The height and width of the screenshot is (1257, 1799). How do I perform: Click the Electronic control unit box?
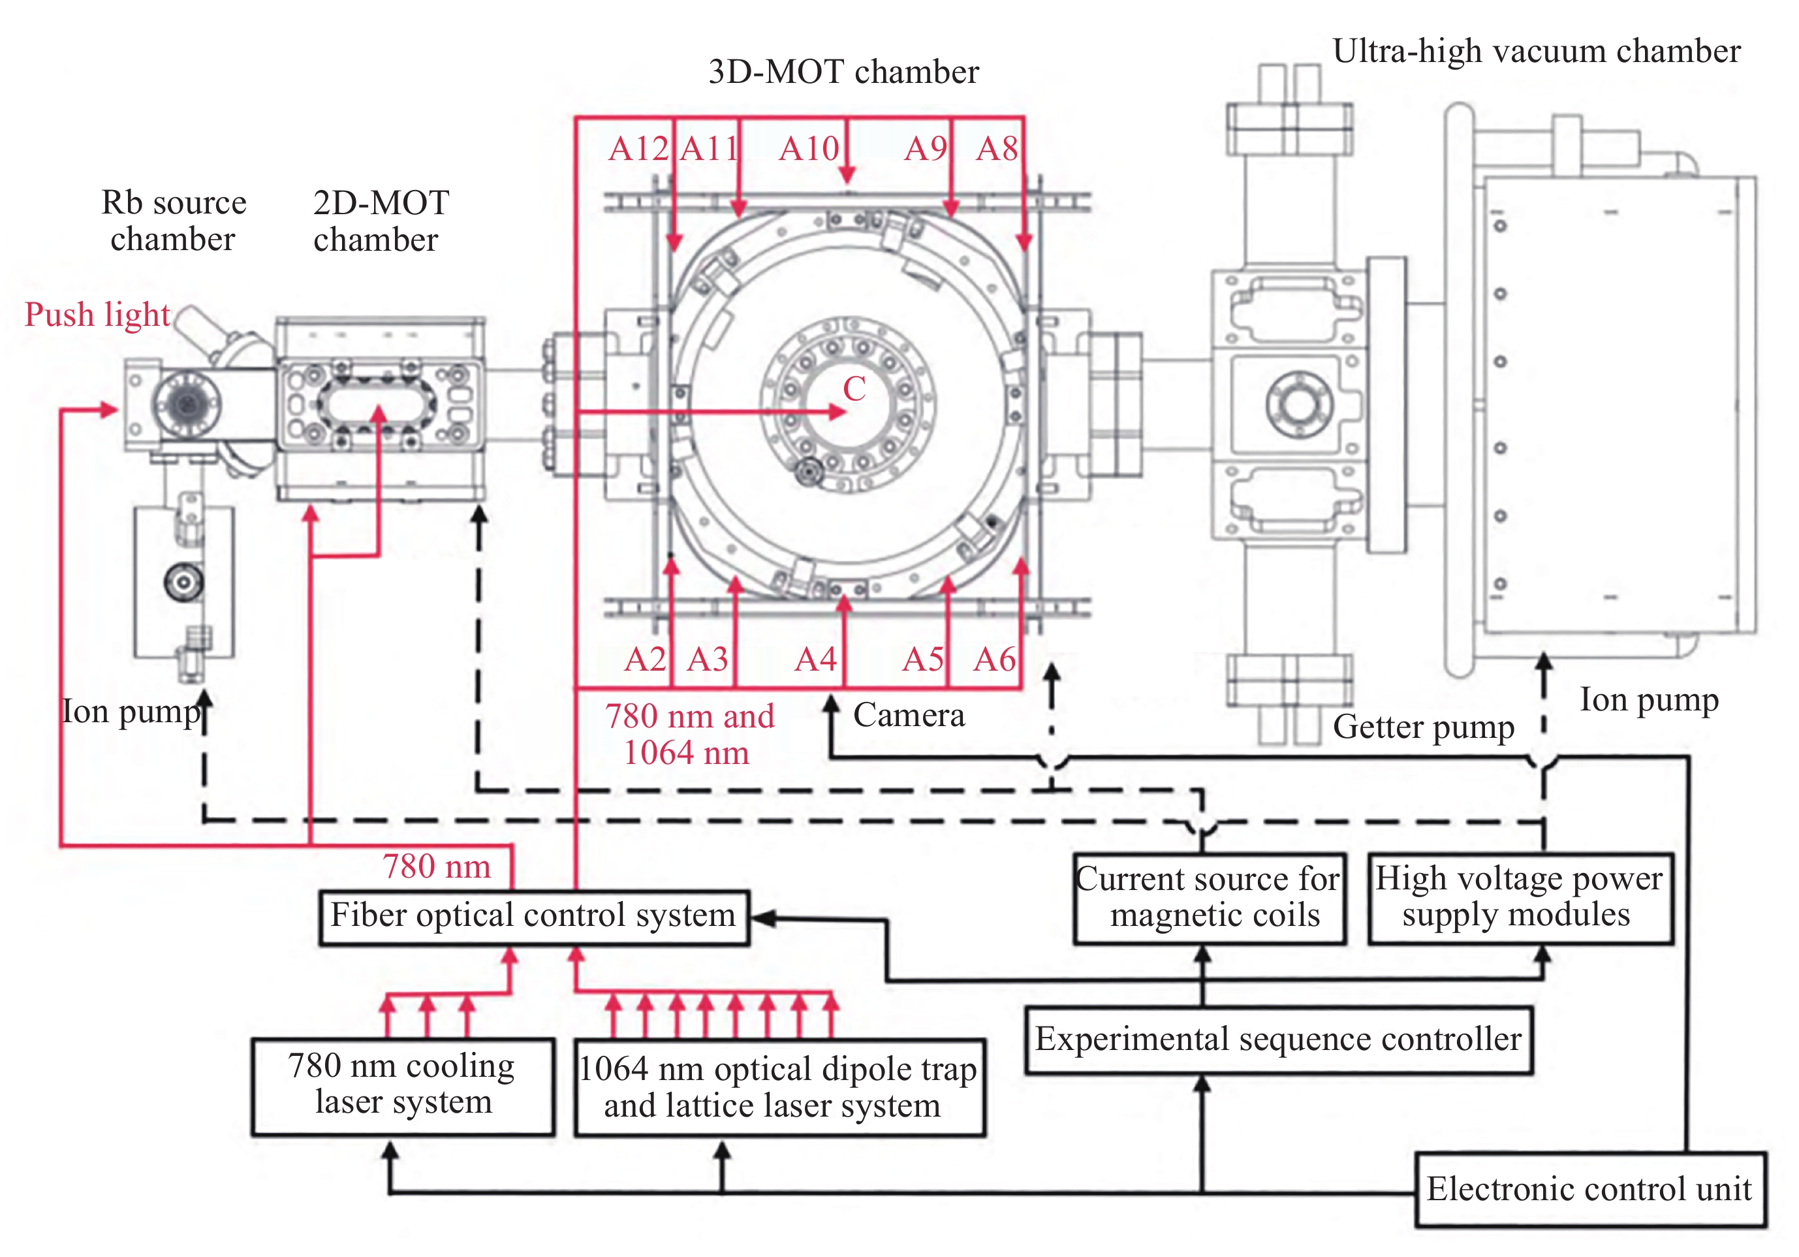pos(1589,1189)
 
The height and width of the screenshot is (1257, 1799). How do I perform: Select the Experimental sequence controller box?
pos(1278,1039)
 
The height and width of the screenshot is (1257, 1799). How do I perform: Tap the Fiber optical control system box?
pos(533,916)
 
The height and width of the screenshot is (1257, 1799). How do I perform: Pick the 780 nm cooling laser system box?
pos(402,1085)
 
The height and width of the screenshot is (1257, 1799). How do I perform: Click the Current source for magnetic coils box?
pos(1209,897)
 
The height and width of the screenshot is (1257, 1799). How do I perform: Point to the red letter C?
pos(854,389)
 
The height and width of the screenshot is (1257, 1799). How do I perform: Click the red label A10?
pos(809,149)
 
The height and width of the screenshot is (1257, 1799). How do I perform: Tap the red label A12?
pos(638,149)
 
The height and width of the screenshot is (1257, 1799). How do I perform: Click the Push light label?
pos(97,315)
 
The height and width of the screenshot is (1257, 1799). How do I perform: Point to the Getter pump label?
pos(1423,727)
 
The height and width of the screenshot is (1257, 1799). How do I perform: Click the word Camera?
pos(909,716)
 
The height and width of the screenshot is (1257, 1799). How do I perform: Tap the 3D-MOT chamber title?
pos(843,72)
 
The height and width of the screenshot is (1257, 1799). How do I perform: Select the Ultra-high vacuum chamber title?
pos(1536,52)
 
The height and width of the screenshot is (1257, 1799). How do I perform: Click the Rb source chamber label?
pos(173,221)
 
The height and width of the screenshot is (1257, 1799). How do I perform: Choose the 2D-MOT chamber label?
pos(380,221)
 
